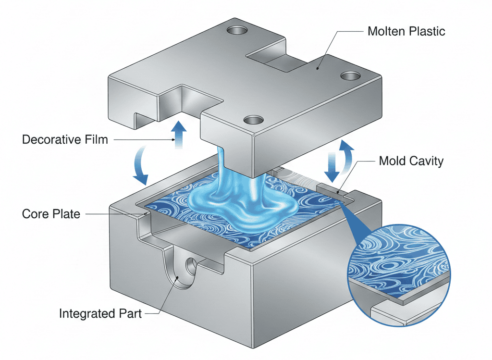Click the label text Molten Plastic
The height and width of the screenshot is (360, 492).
[406, 32]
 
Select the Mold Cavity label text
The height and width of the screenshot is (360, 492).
[411, 161]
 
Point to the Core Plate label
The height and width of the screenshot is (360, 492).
[51, 213]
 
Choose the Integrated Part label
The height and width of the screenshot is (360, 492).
[100, 314]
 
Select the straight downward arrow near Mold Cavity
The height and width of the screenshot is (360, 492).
[332, 166]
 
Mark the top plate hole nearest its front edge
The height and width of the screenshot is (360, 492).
[250, 119]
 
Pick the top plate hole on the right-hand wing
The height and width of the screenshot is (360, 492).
[349, 76]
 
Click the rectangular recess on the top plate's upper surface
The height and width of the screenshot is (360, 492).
[274, 58]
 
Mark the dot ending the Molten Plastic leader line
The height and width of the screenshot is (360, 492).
[318, 68]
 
